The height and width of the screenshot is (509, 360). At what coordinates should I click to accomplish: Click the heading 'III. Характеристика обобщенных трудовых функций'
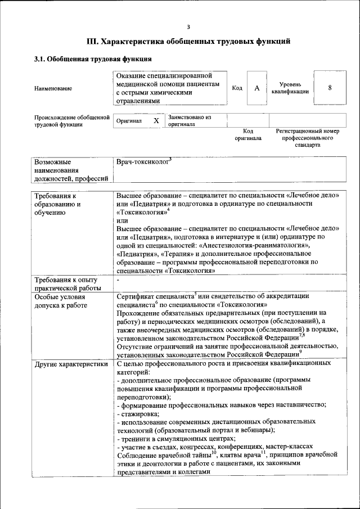point(188,41)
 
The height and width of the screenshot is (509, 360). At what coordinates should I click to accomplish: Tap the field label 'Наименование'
point(53,88)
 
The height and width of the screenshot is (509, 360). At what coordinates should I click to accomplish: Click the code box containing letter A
point(256,88)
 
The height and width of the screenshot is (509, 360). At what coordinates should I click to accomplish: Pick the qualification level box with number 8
point(330,88)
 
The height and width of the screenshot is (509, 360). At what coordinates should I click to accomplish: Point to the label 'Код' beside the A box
point(237,88)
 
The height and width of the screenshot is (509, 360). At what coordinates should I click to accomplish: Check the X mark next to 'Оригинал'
point(156,121)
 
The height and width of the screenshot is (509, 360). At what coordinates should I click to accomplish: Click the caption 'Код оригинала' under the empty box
point(248,134)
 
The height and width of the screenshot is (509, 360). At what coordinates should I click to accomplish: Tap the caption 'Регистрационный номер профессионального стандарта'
point(307,138)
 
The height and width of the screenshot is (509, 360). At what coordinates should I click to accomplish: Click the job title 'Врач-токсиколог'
point(142,163)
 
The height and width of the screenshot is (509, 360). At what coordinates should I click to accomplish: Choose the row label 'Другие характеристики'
point(71,364)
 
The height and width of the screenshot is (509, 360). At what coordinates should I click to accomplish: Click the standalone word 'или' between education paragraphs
point(121,222)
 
